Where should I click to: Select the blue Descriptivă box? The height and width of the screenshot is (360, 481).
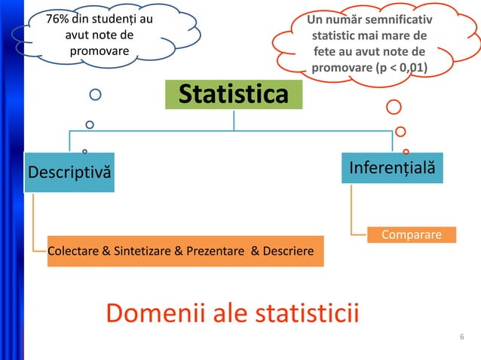pos(69,172)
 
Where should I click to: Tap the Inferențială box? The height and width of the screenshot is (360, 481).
pos(392,166)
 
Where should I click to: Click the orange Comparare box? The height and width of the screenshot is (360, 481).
pos(412,235)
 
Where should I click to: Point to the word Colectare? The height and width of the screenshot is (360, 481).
pos(72,251)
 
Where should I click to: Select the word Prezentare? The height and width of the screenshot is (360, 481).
pos(213,251)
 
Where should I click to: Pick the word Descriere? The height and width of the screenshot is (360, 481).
pos(287,251)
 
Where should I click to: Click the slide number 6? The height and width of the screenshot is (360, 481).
pos(461,336)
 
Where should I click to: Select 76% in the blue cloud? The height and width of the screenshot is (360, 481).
pos(59,18)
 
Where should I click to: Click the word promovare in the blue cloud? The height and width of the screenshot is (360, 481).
pos(99,51)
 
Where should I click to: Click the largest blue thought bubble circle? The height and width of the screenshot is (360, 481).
pos(96,95)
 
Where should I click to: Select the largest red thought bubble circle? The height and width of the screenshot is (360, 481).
pos(394,107)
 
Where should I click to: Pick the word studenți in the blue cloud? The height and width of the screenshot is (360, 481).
pos(115,18)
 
